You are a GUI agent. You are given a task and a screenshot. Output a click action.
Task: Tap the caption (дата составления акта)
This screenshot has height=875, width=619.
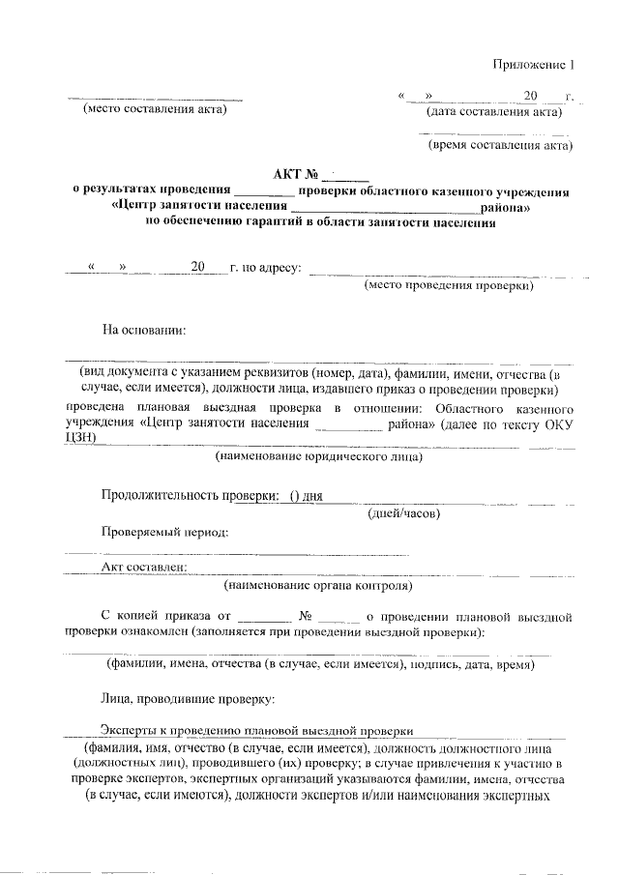(494, 111)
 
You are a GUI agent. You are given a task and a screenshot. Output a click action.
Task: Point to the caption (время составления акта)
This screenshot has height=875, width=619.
(500, 146)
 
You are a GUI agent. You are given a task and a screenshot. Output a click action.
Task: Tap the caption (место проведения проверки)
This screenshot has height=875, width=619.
(450, 286)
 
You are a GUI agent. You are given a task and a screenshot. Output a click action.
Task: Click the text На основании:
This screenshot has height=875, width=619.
(144, 330)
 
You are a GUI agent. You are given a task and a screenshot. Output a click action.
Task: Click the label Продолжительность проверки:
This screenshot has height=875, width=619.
(187, 496)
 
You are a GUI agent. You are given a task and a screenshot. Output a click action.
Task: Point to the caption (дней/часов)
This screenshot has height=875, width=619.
(405, 513)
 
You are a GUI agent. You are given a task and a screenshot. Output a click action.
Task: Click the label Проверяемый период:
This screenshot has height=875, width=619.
(165, 532)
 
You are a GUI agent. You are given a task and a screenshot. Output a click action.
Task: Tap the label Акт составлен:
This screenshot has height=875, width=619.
(144, 568)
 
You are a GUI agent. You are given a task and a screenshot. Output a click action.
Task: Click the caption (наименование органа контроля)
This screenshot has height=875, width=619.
(318, 585)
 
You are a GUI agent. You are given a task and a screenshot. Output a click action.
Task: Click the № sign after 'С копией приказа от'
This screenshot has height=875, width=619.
(305, 614)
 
